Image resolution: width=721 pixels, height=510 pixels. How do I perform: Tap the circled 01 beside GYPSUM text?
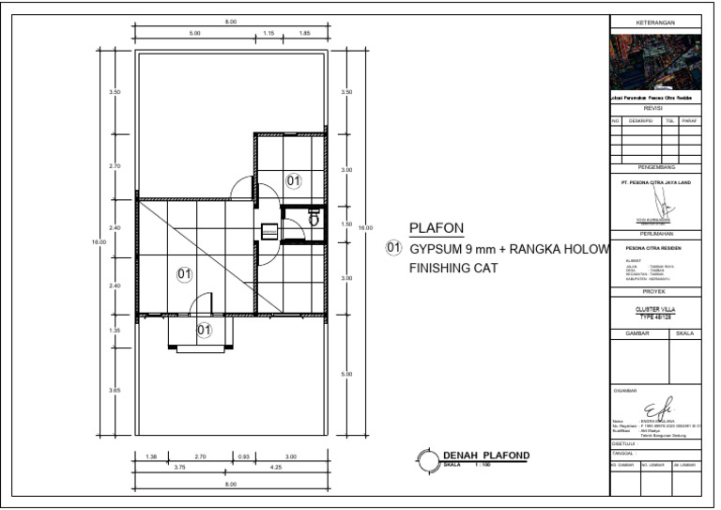(x=393, y=249)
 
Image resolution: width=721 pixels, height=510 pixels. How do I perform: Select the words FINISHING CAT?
(x=452, y=269)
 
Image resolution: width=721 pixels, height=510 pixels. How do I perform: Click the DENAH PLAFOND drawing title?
(x=485, y=456)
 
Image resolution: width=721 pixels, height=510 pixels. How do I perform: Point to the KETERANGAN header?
(x=655, y=22)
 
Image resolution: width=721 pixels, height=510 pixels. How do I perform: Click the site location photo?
(x=655, y=62)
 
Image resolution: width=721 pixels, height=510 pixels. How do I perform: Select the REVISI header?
(x=655, y=108)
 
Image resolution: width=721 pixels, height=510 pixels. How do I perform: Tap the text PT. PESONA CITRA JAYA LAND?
(x=655, y=182)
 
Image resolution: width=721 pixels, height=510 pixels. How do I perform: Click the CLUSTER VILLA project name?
(x=655, y=309)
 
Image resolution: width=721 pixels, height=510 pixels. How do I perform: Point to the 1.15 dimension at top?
(x=268, y=33)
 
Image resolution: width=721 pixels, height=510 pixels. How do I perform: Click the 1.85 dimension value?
(x=305, y=33)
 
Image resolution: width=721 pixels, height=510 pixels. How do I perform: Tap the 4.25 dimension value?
(x=276, y=466)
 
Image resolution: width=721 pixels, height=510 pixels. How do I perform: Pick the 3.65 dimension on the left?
(x=115, y=390)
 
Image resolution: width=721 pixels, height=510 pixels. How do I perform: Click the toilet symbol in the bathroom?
(x=314, y=217)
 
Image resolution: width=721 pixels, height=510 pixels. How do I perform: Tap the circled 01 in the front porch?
(x=204, y=330)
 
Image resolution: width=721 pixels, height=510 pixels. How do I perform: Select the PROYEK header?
(x=655, y=292)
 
